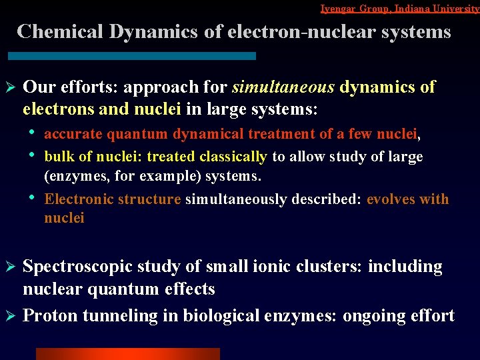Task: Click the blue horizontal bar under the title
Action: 133,56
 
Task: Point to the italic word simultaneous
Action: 283,87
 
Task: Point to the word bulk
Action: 58,157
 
